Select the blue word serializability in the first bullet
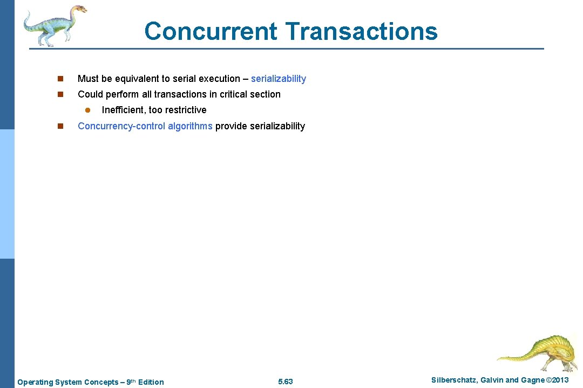279,79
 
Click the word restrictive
186,110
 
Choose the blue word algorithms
190,126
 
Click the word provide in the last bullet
231,126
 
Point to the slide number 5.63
285,382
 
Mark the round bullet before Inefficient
87,110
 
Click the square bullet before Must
60,79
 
